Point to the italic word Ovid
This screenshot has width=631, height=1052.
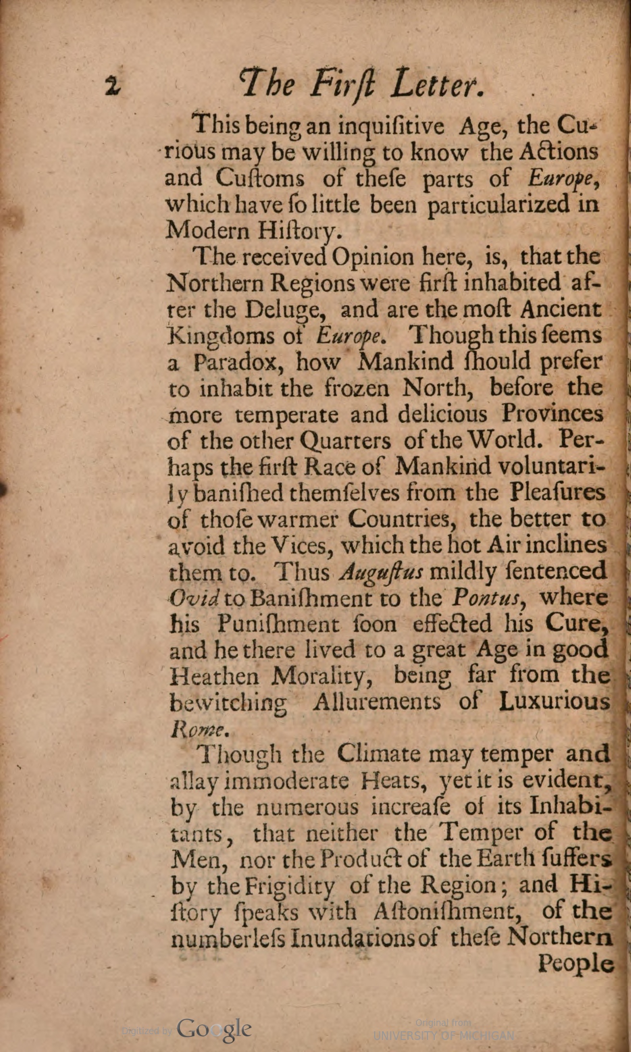tap(194, 598)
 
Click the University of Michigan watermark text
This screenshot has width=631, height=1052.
tap(443, 1035)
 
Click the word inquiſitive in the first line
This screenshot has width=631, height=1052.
tap(391, 127)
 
